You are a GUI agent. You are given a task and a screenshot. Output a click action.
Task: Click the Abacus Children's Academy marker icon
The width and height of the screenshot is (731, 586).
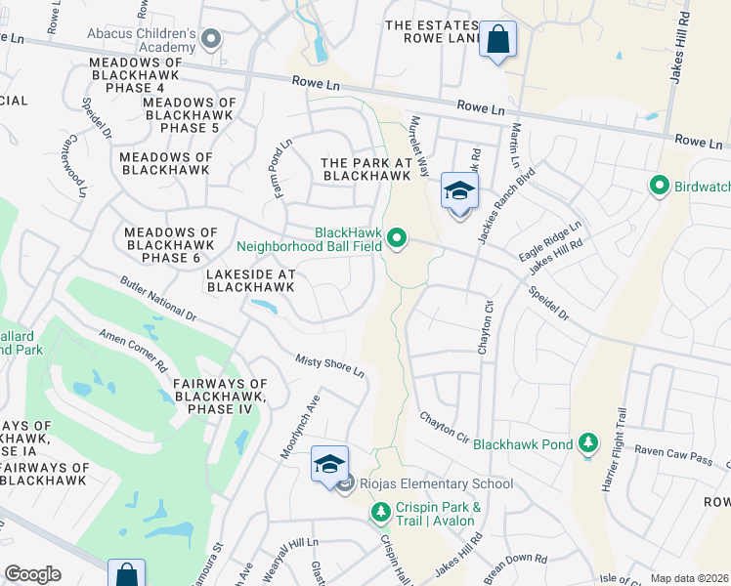(212, 38)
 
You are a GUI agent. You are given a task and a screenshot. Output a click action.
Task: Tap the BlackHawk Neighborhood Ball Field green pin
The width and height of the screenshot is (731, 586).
(397, 238)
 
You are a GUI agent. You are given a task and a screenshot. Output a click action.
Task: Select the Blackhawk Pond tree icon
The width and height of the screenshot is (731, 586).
(587, 443)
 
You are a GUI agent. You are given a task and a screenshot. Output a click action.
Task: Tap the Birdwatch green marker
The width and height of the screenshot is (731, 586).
(660, 185)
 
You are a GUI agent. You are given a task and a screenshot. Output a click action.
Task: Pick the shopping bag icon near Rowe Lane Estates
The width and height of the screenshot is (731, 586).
(497, 41)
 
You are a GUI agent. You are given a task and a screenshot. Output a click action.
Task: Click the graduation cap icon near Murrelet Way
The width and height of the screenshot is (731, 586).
(458, 191)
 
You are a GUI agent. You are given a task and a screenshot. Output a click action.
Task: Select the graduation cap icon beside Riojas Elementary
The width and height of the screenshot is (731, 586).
(329, 463)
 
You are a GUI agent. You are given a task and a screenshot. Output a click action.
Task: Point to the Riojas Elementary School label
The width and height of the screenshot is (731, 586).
(435, 483)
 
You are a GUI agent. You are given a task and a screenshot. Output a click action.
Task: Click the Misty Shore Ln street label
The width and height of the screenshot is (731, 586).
(330, 366)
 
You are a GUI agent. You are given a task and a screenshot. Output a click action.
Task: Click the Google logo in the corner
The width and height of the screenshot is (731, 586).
(33, 573)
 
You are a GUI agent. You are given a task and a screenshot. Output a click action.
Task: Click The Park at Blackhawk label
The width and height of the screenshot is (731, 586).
(365, 169)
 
